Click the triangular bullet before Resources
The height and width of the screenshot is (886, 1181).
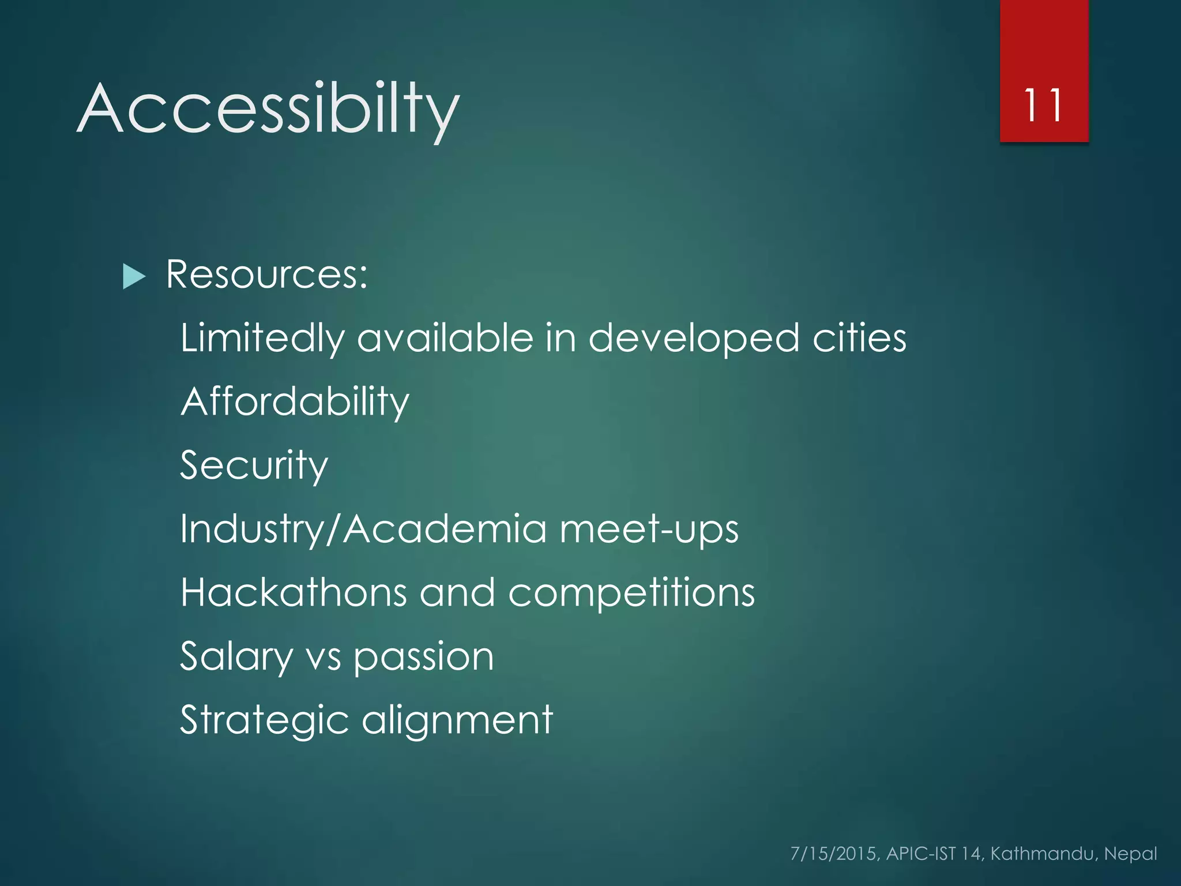134,276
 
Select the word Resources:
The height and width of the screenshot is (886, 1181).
266,274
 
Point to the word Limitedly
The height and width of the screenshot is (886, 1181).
262,338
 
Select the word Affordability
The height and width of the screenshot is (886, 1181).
295,402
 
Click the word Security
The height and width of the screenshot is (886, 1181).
254,465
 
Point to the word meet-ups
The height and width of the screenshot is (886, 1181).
649,529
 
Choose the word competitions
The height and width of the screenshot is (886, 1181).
631,594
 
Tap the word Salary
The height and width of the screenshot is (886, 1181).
236,657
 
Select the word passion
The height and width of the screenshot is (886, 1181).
424,658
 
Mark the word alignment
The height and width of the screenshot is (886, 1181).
457,720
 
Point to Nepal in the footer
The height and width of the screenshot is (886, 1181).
1130,854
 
